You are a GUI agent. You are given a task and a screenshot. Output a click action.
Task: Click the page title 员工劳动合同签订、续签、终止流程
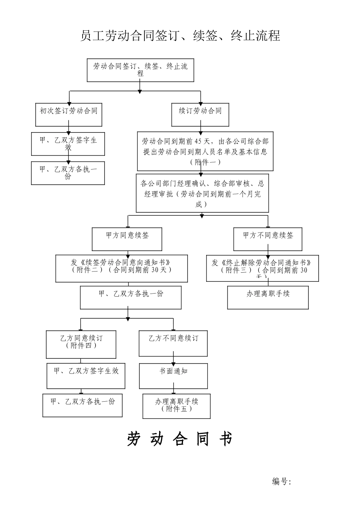(180, 36)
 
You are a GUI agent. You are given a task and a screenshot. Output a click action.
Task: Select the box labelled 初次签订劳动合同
(69, 115)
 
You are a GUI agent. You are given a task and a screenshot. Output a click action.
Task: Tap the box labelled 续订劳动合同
(200, 115)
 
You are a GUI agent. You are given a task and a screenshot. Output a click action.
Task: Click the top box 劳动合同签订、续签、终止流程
(140, 70)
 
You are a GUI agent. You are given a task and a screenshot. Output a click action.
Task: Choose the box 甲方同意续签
(127, 239)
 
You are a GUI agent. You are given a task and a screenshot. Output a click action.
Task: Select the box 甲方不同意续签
(268, 239)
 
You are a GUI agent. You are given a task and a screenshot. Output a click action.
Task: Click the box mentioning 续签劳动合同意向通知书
(122, 269)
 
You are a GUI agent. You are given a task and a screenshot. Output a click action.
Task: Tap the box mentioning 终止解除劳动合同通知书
(262, 269)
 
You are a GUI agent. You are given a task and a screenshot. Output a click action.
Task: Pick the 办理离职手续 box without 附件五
(268, 297)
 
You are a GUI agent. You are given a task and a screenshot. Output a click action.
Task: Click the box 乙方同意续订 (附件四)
(81, 344)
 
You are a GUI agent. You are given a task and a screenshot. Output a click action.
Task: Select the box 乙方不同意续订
(173, 343)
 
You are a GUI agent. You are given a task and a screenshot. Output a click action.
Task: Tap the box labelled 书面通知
(173, 376)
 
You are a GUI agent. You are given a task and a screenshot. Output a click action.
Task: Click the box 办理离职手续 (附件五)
(176, 406)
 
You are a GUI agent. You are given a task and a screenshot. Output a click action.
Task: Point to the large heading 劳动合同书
(179, 439)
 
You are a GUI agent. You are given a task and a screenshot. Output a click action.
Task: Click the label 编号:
(281, 482)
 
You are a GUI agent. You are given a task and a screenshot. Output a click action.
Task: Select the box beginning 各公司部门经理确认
(202, 193)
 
